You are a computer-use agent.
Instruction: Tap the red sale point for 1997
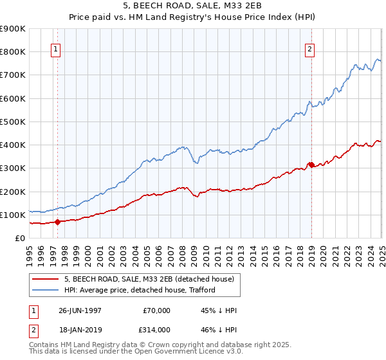click(57, 222)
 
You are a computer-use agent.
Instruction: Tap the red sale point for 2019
click(311, 165)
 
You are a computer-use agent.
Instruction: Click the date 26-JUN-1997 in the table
click(79, 310)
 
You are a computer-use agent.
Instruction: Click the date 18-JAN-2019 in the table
click(79, 330)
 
